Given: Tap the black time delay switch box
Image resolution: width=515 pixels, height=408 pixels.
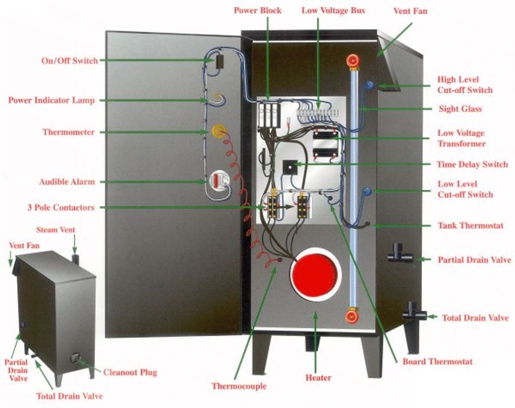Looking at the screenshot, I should tap(291, 166).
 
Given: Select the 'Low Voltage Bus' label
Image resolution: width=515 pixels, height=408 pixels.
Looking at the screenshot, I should tap(332, 11).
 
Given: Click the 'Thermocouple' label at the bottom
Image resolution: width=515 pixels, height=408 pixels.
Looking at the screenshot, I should tap(239, 386).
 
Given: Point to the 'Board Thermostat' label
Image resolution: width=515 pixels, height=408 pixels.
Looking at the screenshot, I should tap(438, 362).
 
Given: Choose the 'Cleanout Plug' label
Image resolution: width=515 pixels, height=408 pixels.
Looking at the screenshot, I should tap(130, 373).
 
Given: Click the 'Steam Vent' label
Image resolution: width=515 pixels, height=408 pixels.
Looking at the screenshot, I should tap(56, 230).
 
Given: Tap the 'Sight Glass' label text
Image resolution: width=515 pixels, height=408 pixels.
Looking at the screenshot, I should tap(460, 109).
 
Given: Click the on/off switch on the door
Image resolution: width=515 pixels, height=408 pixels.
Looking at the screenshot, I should tap(218, 61).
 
